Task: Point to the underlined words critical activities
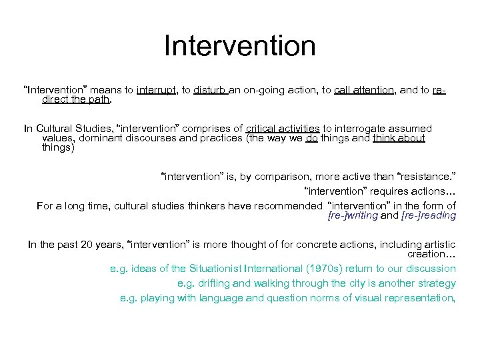(283, 129)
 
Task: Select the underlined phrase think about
(399, 138)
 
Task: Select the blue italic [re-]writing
(353, 216)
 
